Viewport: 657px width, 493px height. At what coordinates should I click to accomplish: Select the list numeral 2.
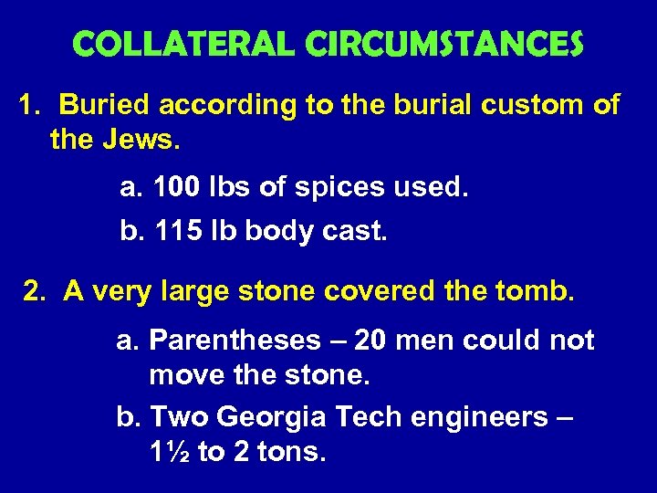[x=34, y=291]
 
